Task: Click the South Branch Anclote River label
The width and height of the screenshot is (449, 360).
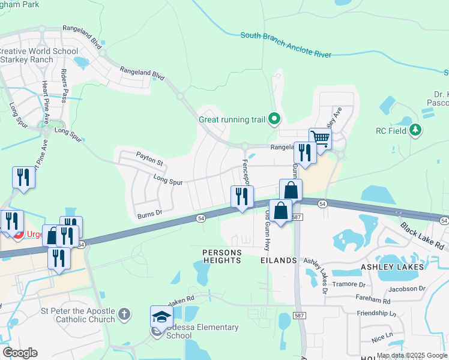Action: coord(286,45)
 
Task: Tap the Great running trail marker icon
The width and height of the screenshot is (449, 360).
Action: coord(275,119)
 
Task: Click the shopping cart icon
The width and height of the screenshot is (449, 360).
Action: coord(321,139)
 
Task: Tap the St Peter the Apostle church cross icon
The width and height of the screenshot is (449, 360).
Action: coord(123,314)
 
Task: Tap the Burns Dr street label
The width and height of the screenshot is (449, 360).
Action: coord(150,213)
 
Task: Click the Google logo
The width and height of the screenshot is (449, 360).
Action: coord(20,353)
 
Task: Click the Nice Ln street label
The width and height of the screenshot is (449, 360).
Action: coord(382,338)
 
